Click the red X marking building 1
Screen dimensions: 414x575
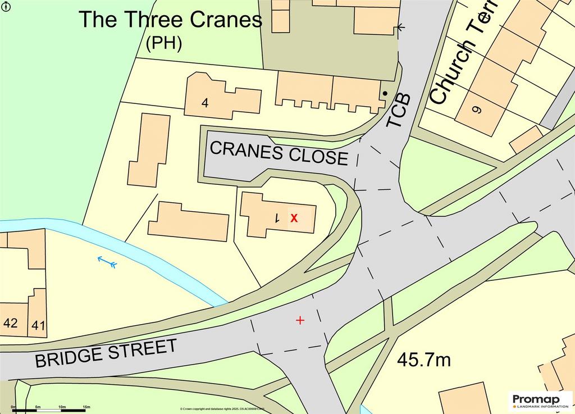tap(294, 217)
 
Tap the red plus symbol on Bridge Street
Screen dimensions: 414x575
tap(300, 320)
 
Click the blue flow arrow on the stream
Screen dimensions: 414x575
tap(107, 261)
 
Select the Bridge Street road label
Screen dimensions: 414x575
tap(106, 353)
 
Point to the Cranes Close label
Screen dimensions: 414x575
tap(279, 153)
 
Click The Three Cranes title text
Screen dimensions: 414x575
tap(170, 20)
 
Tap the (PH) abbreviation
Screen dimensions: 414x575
tap(163, 44)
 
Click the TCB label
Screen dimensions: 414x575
tap(399, 111)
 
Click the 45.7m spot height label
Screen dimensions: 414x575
tap(424, 360)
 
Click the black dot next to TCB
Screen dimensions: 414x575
tap(385, 93)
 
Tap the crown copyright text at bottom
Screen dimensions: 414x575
tap(222, 409)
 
